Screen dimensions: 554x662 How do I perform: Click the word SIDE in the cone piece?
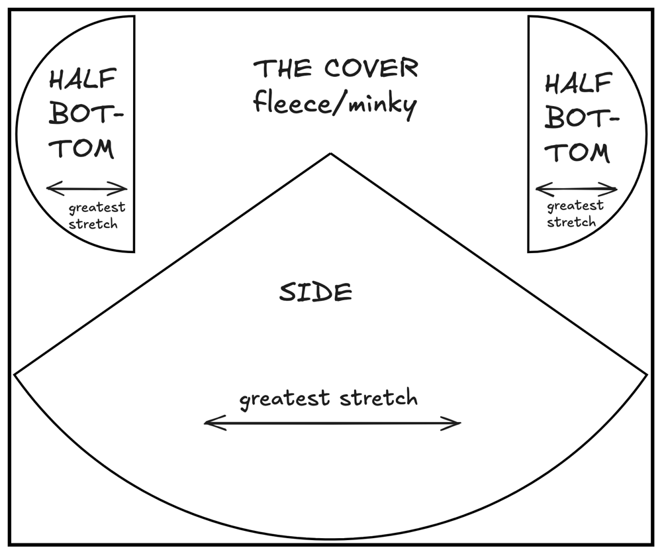(x=314, y=292)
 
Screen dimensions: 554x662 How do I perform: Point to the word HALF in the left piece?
(x=81, y=83)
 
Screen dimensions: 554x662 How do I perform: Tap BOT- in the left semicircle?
(x=87, y=117)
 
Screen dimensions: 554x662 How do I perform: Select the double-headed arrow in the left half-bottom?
(x=87, y=189)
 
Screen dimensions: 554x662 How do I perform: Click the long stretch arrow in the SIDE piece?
(x=332, y=422)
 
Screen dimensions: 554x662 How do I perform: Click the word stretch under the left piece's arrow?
(x=93, y=223)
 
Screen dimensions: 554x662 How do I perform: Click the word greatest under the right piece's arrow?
(x=575, y=207)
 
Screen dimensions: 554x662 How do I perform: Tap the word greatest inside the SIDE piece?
(x=284, y=399)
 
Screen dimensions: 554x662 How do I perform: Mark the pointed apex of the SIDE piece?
(x=330, y=154)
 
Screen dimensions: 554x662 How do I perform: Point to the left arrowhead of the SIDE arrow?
(x=208, y=421)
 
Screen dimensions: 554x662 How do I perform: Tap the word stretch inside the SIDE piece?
(x=377, y=398)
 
